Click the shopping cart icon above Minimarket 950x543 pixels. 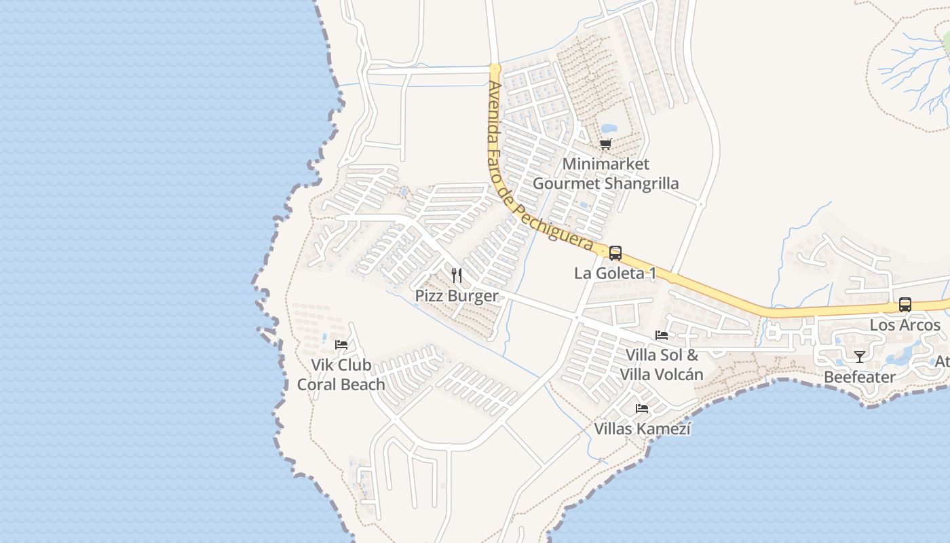[605, 144]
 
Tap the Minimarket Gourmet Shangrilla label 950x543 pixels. [605, 174]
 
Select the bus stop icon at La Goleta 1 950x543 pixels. [615, 253]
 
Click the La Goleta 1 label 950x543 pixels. [615, 274]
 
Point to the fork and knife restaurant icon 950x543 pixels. [457, 275]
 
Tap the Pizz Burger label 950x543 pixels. [457, 296]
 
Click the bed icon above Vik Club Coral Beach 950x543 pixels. [341, 345]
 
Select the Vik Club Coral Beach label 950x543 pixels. [341, 375]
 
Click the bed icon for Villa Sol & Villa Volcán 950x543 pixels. [662, 335]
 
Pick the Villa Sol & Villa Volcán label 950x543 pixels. [662, 364]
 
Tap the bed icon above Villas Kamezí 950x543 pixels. [642, 409]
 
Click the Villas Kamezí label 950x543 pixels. [642, 429]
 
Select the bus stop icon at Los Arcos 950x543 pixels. [905, 305]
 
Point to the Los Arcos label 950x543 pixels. [905, 325]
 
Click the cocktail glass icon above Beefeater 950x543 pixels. [860, 356]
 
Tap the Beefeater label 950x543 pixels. [860, 377]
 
